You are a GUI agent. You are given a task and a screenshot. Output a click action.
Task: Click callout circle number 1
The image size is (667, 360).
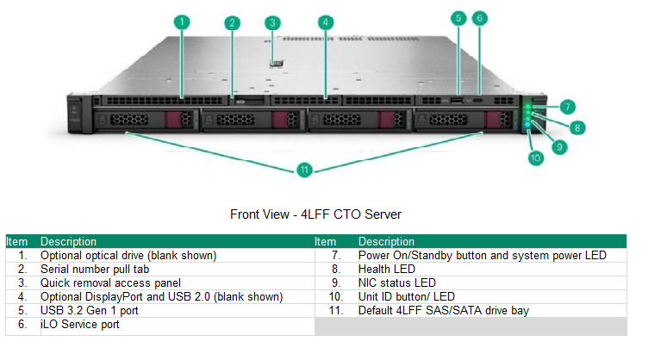[182, 22]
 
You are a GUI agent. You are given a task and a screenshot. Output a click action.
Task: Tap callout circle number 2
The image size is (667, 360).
[232, 23]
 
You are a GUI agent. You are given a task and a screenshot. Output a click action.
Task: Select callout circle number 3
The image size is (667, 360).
[272, 23]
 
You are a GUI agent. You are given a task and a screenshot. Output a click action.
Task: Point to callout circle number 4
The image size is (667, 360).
[325, 22]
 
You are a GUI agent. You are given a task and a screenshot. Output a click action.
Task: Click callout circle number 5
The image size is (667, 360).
[458, 17]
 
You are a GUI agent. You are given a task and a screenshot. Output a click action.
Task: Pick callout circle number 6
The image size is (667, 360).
[481, 17]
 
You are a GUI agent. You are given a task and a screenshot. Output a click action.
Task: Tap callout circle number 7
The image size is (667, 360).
[566, 107]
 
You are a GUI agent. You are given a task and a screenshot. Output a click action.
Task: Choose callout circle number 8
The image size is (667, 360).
[577, 127]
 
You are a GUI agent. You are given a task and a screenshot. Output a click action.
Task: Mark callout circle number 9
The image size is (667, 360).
[559, 146]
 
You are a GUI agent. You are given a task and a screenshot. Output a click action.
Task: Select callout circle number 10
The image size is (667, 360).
[535, 158]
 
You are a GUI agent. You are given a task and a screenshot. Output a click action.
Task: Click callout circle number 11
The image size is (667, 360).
[303, 170]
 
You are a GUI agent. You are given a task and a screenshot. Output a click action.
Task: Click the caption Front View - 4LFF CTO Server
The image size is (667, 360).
[315, 214]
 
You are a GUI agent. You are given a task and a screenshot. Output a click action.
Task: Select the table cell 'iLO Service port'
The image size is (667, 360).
[79, 325]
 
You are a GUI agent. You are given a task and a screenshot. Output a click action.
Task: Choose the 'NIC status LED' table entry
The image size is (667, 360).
[397, 283]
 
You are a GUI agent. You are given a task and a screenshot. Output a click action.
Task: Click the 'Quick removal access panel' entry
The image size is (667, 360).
[109, 283]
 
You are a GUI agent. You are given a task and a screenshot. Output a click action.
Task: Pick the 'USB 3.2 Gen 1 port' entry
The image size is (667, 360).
[90, 311]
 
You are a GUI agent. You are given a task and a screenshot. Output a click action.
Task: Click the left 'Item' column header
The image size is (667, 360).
[18, 242]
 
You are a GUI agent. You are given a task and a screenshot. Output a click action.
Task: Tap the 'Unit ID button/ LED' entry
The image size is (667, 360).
[406, 297]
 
